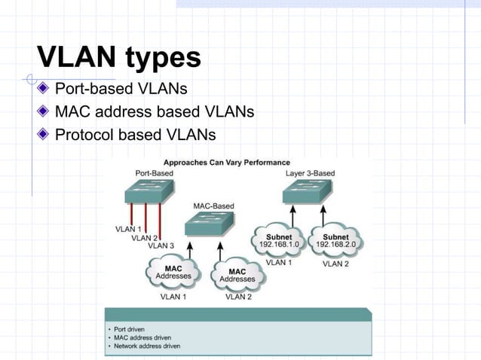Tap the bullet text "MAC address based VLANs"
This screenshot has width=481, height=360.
click(154, 113)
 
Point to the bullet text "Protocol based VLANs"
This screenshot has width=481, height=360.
click(135, 136)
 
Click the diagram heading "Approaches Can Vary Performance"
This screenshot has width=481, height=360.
click(226, 162)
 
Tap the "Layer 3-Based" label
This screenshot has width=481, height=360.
click(310, 173)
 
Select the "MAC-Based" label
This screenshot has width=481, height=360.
click(213, 205)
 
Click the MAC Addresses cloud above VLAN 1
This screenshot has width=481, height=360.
click(173, 272)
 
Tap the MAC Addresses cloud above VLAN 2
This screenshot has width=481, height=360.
click(237, 276)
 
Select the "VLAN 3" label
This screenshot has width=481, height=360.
click(161, 246)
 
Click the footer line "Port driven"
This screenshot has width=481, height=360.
click(128, 329)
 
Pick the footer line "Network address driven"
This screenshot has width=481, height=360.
click(147, 346)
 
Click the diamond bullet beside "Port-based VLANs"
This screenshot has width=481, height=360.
click(44, 90)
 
